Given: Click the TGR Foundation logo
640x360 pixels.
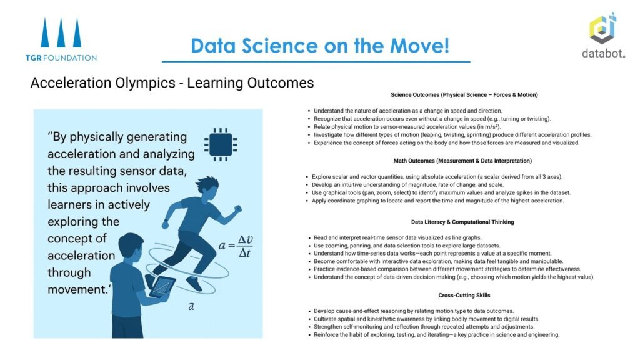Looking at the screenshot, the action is click(61, 39).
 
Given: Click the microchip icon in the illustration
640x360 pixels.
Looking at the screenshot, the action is click(221, 144).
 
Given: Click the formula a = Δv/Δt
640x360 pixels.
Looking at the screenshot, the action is click(236, 246).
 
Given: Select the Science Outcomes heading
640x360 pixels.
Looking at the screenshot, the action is click(464, 95).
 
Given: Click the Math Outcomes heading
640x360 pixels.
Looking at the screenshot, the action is click(462, 161).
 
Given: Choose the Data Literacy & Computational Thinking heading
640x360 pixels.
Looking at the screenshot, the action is click(462, 222).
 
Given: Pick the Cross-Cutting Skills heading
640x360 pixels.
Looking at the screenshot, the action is click(464, 296).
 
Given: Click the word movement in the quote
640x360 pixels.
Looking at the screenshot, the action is click(77, 289).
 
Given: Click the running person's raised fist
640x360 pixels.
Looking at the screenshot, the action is click(237, 209).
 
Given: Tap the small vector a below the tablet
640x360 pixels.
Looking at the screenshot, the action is click(191, 306).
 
